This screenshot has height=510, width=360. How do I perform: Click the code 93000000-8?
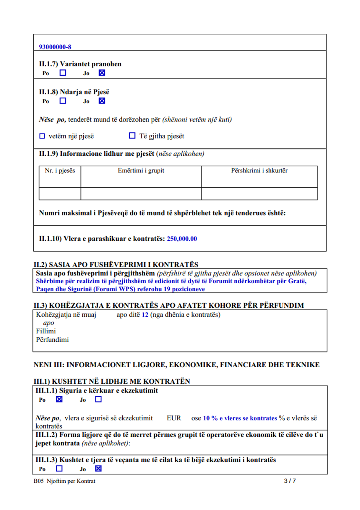pos(55,47)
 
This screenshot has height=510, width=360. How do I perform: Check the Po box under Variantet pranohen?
pos(63,73)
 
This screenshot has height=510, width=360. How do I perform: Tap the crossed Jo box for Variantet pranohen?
pos(102,73)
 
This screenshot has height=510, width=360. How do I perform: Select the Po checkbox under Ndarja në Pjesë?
pos(63,101)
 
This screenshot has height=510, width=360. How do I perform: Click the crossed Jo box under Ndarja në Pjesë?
pos(102,101)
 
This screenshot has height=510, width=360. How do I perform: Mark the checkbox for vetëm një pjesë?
pos(42,136)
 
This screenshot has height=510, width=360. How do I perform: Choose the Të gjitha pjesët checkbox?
pos(132,135)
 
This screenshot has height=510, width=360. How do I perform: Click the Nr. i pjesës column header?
pos(60,170)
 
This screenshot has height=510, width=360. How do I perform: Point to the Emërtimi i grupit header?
pos(141,170)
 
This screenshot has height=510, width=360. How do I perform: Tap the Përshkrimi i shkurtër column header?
pos(259,170)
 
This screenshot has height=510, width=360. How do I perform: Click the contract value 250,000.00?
pos(182,239)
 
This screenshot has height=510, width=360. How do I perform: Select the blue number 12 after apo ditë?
pos(145,315)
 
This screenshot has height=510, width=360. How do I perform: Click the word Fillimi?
pos(46,331)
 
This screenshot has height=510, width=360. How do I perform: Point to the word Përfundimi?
pos(52,340)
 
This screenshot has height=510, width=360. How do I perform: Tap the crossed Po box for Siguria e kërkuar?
pos(59,399)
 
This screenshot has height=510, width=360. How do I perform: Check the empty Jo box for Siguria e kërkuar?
pos(98,399)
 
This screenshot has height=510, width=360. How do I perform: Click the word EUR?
pos(174,418)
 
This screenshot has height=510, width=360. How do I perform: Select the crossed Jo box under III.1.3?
pos(98,468)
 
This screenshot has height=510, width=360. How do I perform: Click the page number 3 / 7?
pos(290,481)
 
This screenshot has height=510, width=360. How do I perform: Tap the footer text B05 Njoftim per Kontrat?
pos(64,481)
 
